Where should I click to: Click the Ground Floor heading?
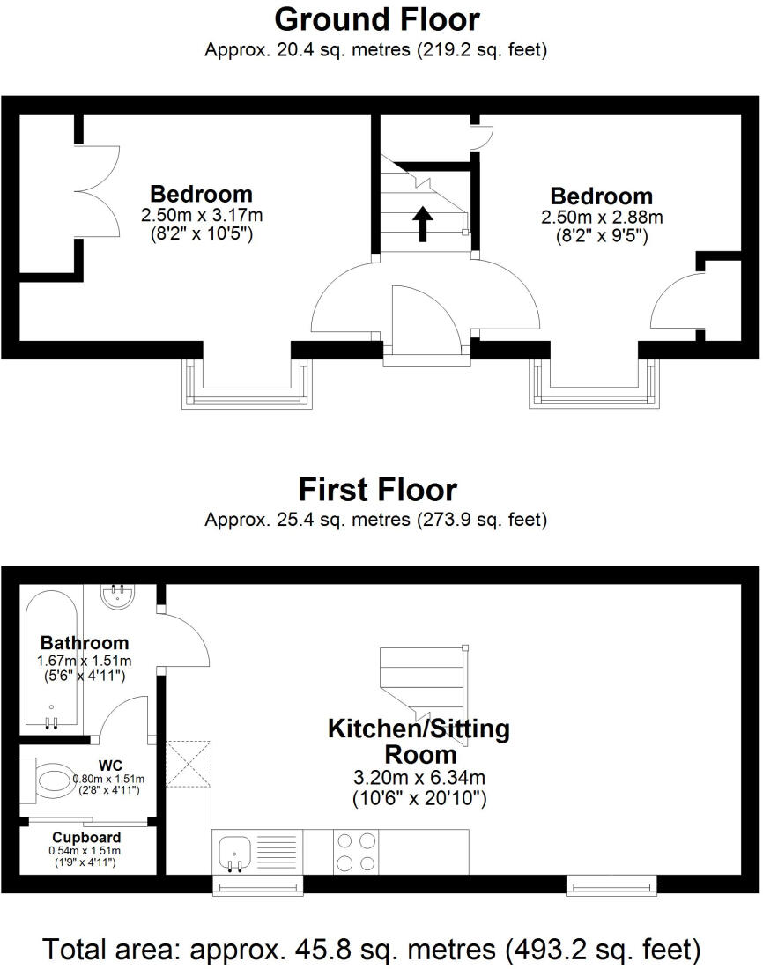click(377, 18)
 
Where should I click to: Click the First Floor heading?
click(377, 489)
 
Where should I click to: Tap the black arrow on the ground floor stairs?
click(423, 224)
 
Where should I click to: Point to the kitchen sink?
click(235, 851)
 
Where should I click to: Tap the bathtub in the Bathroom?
click(51, 661)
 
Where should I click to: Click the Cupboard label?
click(86, 837)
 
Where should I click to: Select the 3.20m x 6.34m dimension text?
click(419, 778)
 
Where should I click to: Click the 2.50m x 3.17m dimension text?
click(202, 215)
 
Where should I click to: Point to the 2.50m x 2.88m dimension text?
click(601, 217)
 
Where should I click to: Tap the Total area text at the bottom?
click(373, 950)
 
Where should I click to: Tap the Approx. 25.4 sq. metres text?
click(376, 520)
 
